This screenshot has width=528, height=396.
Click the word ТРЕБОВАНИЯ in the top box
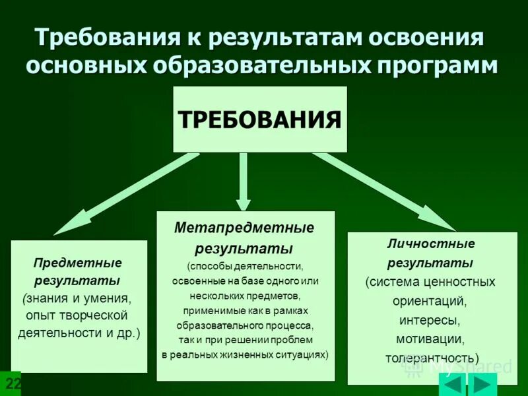tap(259, 120)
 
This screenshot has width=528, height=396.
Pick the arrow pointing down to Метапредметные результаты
tap(244, 181)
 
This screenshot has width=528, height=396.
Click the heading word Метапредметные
tap(244, 228)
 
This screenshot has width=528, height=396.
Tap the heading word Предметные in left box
tap(78, 263)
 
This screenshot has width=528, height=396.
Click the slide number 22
tap(12, 384)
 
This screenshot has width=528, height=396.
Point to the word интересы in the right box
tap(430, 320)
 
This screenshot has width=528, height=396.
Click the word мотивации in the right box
tap(430, 339)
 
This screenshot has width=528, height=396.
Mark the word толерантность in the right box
tap(431, 358)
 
